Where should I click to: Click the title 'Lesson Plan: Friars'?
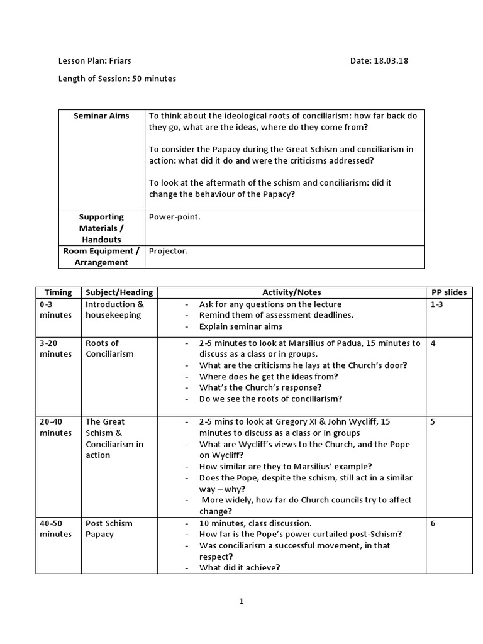[95, 61]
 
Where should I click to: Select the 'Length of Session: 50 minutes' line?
[117, 79]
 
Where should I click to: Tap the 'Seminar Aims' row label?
[101, 116]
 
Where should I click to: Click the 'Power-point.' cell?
[175, 217]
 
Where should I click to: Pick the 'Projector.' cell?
[168, 251]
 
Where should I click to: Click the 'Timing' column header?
[58, 292]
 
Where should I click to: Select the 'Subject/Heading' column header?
[119, 292]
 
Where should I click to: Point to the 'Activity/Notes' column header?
[291, 292]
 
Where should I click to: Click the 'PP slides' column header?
[449, 292]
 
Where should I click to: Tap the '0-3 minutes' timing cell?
[56, 309]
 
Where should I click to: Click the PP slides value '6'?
[433, 523]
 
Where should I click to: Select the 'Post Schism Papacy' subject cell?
[109, 528]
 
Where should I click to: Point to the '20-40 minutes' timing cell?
[56, 427]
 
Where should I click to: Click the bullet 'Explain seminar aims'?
[241, 326]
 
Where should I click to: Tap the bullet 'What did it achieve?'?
[240, 567]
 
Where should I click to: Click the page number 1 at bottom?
[241, 601]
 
